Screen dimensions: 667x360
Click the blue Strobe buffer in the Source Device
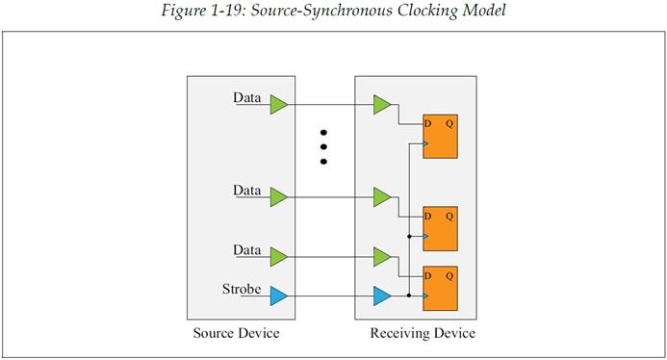278,296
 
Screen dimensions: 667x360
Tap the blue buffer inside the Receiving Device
382,296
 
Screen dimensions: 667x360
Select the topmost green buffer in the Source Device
278,105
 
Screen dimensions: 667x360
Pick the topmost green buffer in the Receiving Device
382,105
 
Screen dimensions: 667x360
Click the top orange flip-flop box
440,137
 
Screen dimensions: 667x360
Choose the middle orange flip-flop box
440,229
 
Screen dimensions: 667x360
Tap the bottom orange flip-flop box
440,289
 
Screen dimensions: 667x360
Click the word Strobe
242,290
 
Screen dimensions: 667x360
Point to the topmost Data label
247,97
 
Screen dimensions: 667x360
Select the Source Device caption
236,333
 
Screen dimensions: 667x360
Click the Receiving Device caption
423,333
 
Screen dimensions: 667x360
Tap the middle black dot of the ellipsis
323,147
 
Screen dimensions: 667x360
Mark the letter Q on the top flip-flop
449,124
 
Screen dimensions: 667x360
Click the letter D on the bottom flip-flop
428,276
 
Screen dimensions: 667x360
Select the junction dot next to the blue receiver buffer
409,296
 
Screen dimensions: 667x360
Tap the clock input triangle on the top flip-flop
425,143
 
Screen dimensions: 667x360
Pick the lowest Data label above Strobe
247,250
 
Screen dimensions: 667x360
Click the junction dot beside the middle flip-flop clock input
409,236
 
